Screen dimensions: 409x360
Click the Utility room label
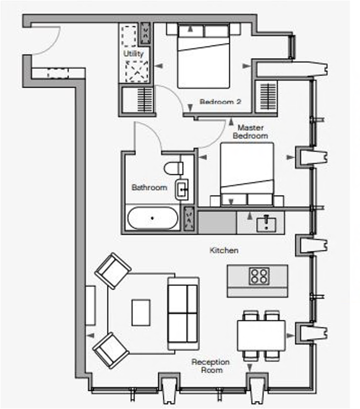[134, 53]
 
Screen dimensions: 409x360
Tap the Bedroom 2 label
[220, 102]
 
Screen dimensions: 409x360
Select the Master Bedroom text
[250, 132]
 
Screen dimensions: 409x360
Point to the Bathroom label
[149, 187]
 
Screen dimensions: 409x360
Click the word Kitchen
[224, 251]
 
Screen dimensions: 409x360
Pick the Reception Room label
[210, 366]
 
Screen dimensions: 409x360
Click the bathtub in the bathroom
[153, 219]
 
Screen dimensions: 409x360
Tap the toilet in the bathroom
[173, 167]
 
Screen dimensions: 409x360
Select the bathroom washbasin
[182, 189]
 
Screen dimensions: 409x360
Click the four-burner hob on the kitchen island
[259, 276]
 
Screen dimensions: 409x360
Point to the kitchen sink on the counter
[265, 222]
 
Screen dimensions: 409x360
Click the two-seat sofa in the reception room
[183, 313]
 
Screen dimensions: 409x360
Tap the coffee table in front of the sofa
[141, 312]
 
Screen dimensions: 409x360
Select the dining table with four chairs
[261, 335]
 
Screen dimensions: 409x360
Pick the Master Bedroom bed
[247, 173]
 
